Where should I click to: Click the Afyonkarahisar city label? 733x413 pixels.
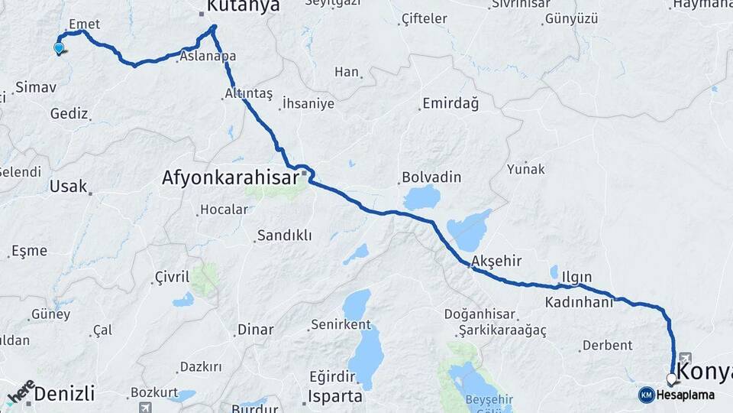230,178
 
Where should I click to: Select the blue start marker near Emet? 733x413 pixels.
59,48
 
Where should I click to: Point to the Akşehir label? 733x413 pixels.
496,261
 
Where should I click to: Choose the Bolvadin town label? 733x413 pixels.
433,177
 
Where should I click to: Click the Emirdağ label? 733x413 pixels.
450,103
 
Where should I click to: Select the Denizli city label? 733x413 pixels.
65,394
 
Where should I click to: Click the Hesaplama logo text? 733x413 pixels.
685,395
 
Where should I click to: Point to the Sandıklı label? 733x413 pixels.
284,236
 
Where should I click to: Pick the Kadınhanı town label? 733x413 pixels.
579,302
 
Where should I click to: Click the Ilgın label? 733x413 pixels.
576,277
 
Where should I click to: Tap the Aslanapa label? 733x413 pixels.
208,56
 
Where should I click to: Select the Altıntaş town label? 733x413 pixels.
248,93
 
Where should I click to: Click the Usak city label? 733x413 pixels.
68,186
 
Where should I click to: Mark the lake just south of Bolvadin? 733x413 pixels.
421,197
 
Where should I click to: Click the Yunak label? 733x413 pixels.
526,168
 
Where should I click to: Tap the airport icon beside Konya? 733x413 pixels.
684,358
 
